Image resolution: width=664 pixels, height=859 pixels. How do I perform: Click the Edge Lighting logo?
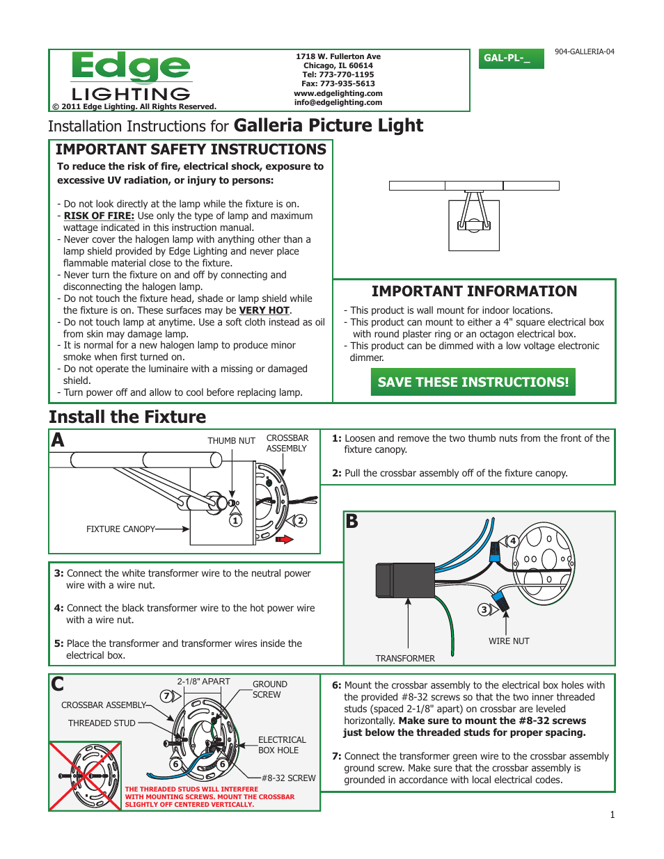click(x=131, y=77)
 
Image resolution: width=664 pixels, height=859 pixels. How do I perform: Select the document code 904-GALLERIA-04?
click(x=584, y=52)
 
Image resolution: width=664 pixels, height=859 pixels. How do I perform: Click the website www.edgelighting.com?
click(x=338, y=93)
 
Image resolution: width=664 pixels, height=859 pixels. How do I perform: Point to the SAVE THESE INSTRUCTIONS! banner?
click(x=473, y=382)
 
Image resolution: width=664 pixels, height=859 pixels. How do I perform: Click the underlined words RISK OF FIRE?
click(x=99, y=216)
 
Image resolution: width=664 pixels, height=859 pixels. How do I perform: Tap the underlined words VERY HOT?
click(x=264, y=311)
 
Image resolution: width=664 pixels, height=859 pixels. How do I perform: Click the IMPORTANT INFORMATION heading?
click(x=474, y=291)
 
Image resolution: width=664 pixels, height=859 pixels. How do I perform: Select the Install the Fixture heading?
click(x=127, y=417)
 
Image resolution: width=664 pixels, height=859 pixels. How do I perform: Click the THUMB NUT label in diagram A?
click(x=231, y=441)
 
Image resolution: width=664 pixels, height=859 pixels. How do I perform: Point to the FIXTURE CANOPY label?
click(x=120, y=529)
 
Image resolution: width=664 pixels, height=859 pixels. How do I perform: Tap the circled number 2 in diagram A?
click(x=300, y=520)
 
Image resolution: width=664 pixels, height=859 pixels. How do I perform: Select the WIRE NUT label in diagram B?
click(x=509, y=641)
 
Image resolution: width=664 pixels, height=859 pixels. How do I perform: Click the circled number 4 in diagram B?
click(x=513, y=540)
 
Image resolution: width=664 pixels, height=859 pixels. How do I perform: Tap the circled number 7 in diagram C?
click(x=166, y=696)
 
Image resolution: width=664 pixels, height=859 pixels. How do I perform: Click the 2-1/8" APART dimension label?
click(x=203, y=682)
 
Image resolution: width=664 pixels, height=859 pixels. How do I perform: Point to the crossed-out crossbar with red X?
click(x=86, y=776)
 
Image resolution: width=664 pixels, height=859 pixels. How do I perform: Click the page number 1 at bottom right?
click(x=612, y=814)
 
